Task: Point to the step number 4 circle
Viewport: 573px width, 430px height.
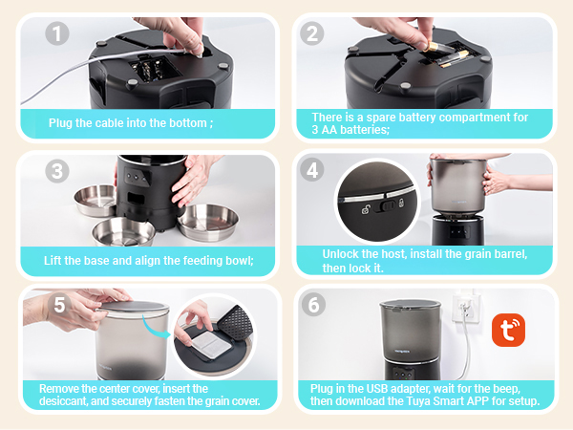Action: [x=312, y=172]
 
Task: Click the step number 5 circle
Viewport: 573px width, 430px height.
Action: [x=58, y=307]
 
